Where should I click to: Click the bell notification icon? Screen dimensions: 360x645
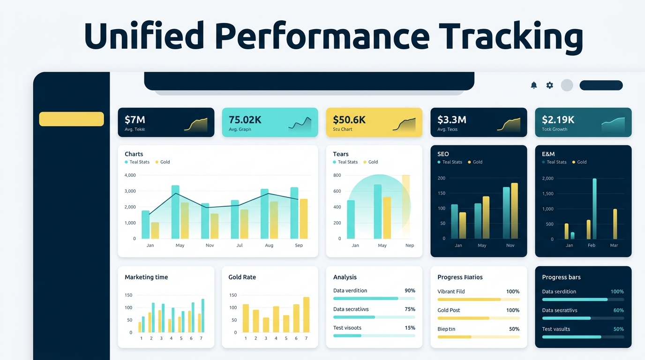[533, 85]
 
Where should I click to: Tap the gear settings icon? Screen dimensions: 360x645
[549, 85]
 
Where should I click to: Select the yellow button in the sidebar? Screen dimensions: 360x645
[71, 119]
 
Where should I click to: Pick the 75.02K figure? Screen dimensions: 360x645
[245, 120]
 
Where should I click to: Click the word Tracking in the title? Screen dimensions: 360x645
[511, 37]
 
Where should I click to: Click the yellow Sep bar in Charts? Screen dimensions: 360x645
[304, 219]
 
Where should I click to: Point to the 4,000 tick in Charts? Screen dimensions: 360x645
[130, 175]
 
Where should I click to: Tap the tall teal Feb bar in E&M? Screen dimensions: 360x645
[594, 209]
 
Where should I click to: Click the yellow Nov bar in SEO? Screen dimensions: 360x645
[514, 211]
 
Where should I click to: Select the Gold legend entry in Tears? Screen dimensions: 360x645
[373, 162]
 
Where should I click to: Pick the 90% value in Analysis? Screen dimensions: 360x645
[409, 291]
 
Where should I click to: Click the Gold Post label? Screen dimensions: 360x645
[449, 310]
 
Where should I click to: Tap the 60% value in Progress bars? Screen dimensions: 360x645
[618, 310]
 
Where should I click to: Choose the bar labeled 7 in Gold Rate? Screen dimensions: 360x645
[306, 315]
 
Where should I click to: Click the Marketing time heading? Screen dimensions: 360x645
[146, 277]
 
